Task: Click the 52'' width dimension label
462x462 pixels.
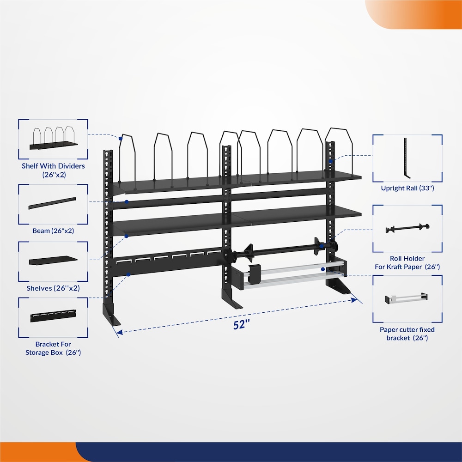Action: pos(241,325)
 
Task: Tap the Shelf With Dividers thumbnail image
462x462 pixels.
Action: pos(54,139)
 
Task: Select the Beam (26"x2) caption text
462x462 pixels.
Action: pos(53,231)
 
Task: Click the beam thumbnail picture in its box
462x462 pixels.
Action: pos(52,203)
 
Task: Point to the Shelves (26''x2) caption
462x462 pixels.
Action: pos(53,288)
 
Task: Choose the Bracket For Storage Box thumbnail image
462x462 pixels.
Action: pos(53,316)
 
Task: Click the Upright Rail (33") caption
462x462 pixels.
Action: pos(407,188)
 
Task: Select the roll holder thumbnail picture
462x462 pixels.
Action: pos(407,228)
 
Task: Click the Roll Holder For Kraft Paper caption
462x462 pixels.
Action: pos(407,262)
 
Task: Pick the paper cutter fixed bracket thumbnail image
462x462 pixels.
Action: pos(407,298)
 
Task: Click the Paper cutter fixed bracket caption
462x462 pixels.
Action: pos(407,334)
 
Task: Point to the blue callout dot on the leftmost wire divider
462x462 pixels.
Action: pos(121,139)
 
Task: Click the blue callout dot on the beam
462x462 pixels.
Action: pos(127,202)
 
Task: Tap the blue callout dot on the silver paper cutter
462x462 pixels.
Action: pos(323,269)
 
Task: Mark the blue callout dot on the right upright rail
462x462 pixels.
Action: pos(331,161)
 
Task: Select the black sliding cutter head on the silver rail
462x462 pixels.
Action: pos(254,273)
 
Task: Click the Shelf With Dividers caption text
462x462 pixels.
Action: pos(53,170)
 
